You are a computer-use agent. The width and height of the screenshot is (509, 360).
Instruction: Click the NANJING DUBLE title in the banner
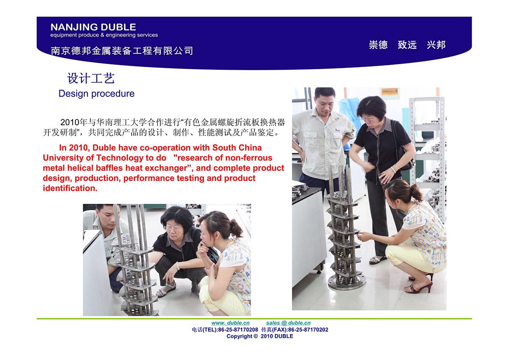coord(93,27)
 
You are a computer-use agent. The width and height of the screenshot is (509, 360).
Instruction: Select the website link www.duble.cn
coord(230,323)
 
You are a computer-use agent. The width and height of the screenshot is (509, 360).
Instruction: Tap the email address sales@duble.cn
coord(288,323)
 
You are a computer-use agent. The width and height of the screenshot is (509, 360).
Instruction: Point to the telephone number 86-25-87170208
coord(238,329)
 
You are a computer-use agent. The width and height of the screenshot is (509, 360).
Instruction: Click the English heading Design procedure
coord(97,93)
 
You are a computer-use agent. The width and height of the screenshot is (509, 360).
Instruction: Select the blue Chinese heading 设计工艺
coord(91,78)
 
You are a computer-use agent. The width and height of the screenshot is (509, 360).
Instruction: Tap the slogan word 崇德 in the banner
coord(378,45)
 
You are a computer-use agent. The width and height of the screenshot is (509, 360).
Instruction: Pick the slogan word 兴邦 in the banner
coord(436,45)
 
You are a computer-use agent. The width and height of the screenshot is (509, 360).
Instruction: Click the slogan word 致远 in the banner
coord(407,45)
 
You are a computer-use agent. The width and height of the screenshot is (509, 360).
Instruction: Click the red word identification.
coord(70,188)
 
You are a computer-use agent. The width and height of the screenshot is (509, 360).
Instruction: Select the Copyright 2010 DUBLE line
coord(260,336)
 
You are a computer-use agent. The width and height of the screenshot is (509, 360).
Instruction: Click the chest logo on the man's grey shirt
coord(338,130)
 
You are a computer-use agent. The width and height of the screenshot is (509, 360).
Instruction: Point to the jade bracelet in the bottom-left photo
coord(178,266)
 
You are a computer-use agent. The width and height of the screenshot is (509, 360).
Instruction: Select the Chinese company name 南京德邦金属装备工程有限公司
coord(122,51)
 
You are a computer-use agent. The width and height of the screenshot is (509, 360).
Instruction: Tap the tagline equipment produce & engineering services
coord(104,35)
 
